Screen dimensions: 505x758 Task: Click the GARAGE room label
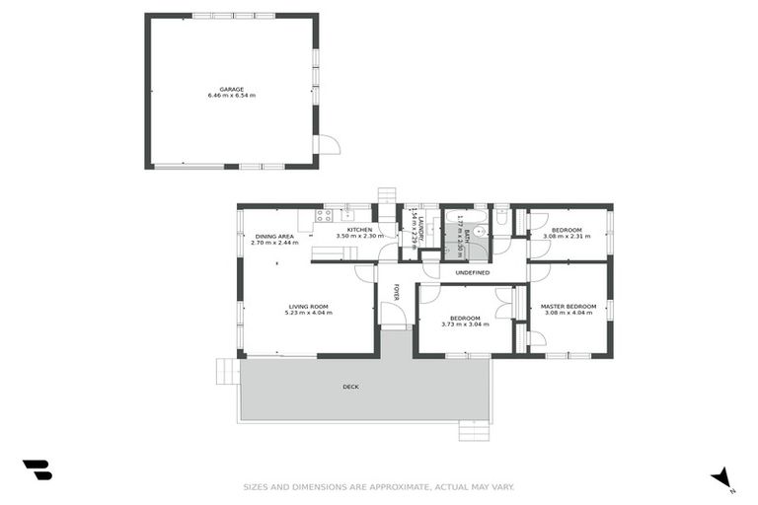click(x=232, y=89)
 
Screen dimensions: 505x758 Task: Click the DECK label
click(x=350, y=387)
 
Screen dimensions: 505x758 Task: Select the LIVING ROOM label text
click(x=308, y=307)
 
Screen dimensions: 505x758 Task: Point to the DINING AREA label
click(x=274, y=237)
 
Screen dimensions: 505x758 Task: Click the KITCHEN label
click(x=359, y=230)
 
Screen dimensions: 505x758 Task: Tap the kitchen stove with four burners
click(x=324, y=215)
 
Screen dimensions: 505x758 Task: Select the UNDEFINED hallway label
click(x=472, y=272)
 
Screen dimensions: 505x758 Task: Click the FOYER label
click(x=398, y=292)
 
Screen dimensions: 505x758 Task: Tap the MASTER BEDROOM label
click(x=568, y=307)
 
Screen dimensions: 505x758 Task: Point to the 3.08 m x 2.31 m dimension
click(x=568, y=237)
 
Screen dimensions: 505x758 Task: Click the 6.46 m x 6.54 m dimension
click(x=232, y=96)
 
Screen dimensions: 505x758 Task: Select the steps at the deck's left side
click(x=228, y=371)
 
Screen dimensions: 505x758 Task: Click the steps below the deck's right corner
click(x=474, y=431)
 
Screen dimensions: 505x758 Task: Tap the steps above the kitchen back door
click(x=387, y=195)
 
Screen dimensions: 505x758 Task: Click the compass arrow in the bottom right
click(x=722, y=476)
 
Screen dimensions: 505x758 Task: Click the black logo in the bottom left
click(x=37, y=469)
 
